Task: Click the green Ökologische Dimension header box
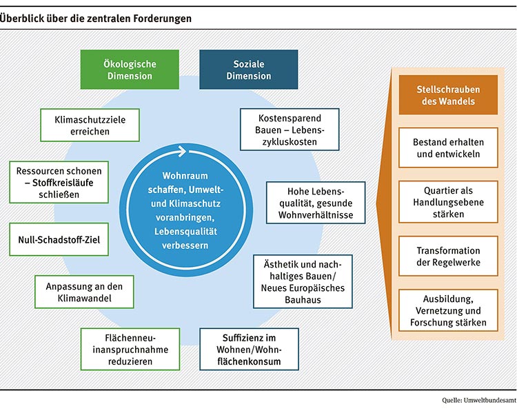(x=130, y=70)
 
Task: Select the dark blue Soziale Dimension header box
(x=249, y=70)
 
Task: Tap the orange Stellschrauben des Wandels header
(x=448, y=95)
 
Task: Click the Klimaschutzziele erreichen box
(x=90, y=126)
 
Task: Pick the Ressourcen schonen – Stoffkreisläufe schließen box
(x=59, y=182)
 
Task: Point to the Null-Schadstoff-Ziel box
(x=59, y=239)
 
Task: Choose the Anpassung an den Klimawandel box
(x=84, y=292)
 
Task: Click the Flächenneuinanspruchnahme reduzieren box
(x=130, y=350)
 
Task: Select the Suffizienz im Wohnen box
(x=250, y=350)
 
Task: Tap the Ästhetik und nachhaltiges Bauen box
(x=303, y=281)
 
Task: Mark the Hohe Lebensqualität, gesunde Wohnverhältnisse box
(x=316, y=203)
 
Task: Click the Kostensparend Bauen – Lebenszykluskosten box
(x=290, y=130)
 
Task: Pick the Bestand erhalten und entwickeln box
(x=448, y=148)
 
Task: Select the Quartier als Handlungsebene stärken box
(x=448, y=202)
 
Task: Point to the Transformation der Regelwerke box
(x=448, y=256)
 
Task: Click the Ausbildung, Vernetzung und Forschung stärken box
(x=448, y=310)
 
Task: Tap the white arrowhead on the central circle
(x=183, y=152)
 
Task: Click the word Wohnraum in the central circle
(x=185, y=176)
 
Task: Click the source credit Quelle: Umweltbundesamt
(x=479, y=401)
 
